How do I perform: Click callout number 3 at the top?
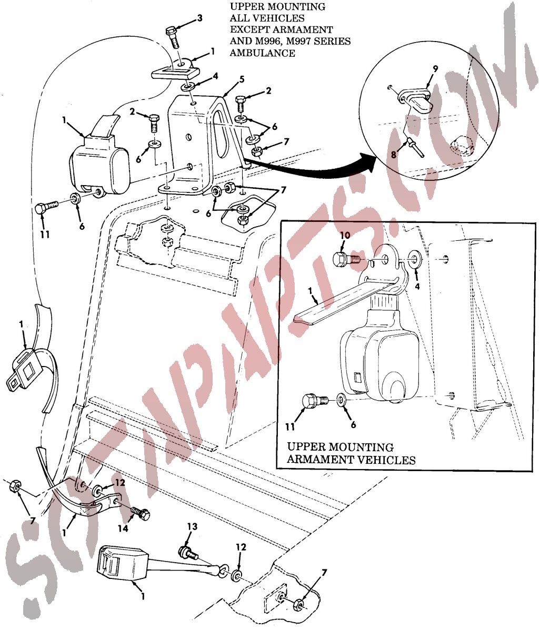pyautogui.click(x=199, y=18)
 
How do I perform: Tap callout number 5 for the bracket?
pyautogui.click(x=242, y=80)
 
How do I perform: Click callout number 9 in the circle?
pyautogui.click(x=435, y=69)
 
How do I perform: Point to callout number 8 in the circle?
pyautogui.click(x=393, y=155)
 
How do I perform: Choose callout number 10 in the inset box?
pyautogui.click(x=345, y=236)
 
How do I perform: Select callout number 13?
pyautogui.click(x=193, y=526)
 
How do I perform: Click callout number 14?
pyautogui.click(x=123, y=528)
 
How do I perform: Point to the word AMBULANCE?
pyautogui.click(x=262, y=53)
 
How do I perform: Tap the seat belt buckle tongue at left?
pyautogui.click(x=19, y=382)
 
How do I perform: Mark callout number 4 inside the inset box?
pyautogui.click(x=417, y=287)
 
